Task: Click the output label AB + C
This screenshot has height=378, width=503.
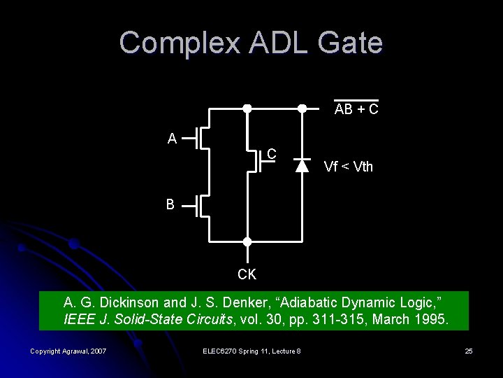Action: click(356, 110)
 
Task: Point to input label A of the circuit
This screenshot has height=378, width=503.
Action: click(172, 139)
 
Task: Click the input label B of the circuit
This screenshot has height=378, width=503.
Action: click(170, 205)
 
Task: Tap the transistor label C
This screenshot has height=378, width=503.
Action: click(272, 154)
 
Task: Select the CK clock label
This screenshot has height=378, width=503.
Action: click(247, 274)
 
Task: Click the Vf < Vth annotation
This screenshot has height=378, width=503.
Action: click(348, 167)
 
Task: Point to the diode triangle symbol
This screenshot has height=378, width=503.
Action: click(302, 166)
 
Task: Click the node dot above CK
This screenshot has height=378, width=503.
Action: click(247, 241)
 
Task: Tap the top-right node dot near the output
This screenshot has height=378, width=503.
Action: click(302, 108)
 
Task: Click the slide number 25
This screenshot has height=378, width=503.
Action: click(468, 351)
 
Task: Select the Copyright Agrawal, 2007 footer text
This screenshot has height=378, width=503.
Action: click(68, 351)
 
